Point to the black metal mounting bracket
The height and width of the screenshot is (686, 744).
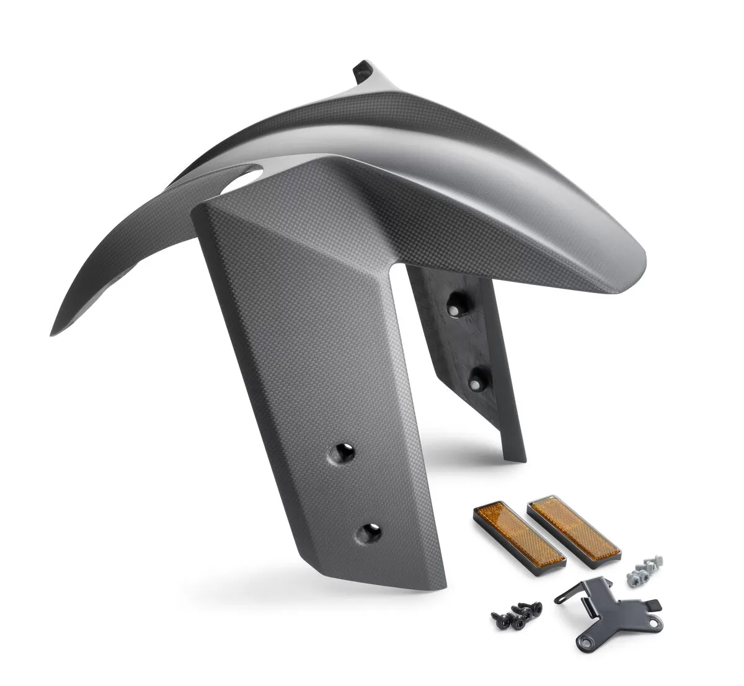604,607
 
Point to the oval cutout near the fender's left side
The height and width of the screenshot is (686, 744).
241,180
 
